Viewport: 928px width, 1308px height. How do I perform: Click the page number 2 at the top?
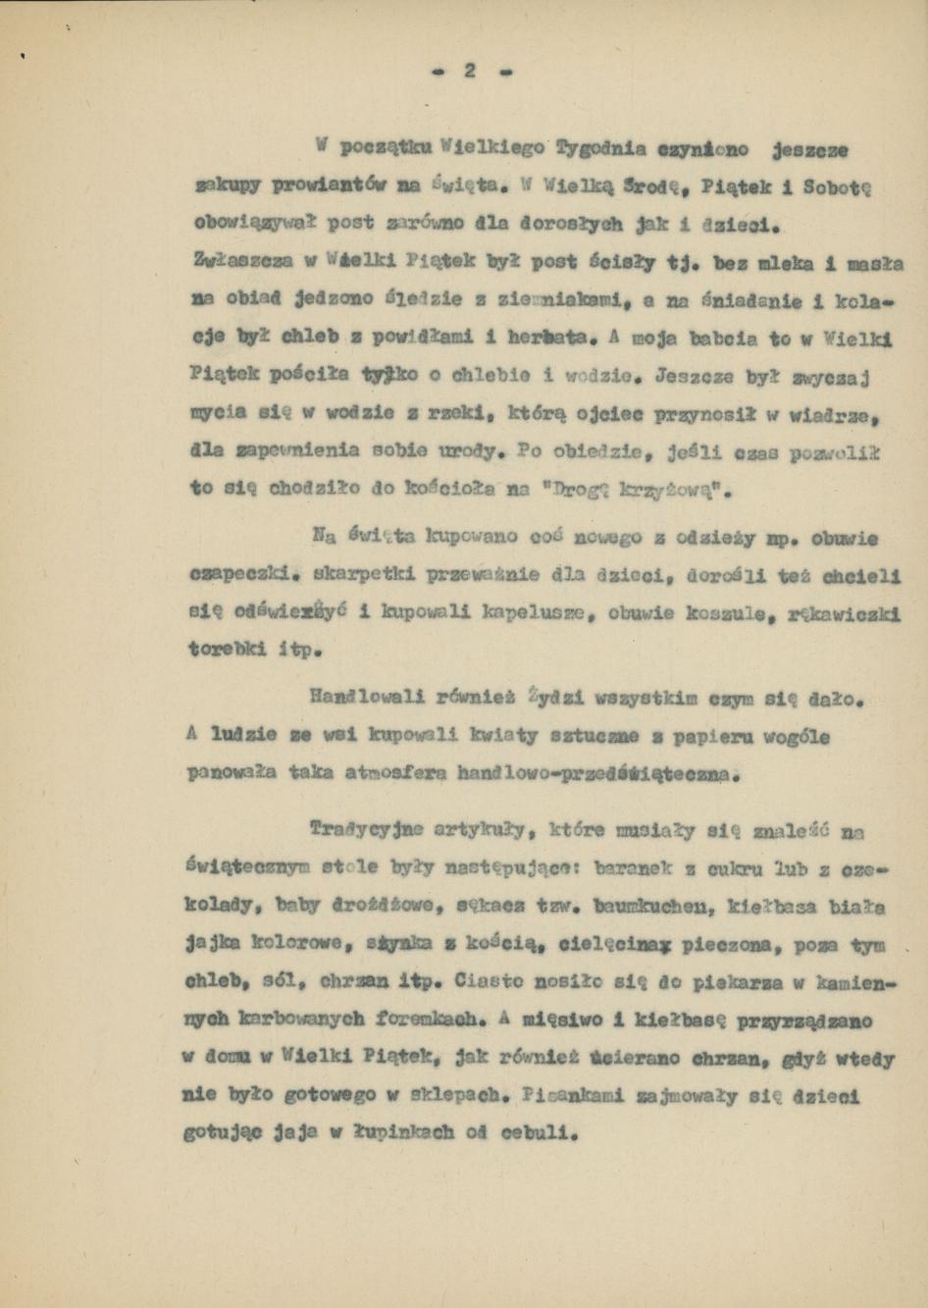[x=470, y=71]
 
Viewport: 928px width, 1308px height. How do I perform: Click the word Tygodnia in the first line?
[x=600, y=150]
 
